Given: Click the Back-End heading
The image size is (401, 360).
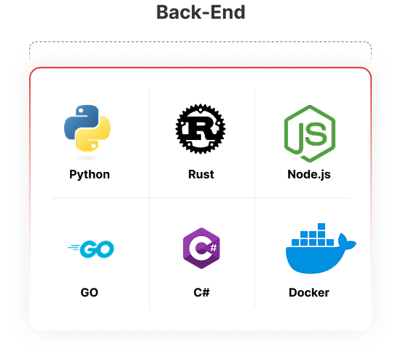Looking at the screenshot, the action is [x=200, y=12].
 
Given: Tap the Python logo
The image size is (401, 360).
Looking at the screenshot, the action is [x=87, y=128].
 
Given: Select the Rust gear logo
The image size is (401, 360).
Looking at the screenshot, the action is [x=200, y=128].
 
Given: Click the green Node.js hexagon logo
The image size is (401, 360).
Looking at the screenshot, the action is [x=310, y=133].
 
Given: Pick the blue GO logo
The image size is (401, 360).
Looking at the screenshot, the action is [x=91, y=249].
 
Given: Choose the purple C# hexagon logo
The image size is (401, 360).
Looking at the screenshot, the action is [x=201, y=248].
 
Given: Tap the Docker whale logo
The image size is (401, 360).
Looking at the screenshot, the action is [x=321, y=249].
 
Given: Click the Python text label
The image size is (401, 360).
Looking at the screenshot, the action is [x=90, y=175].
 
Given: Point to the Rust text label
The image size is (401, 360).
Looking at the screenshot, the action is [x=201, y=174].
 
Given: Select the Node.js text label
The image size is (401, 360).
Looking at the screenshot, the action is [x=309, y=175].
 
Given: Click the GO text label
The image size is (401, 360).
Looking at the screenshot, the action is [x=89, y=292].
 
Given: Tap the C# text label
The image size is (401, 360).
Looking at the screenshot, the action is [x=201, y=292].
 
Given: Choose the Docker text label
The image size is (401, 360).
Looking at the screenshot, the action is [x=309, y=292].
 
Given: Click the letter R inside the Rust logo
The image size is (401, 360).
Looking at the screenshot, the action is [x=201, y=127].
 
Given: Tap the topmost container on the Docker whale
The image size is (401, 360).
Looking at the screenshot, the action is [x=322, y=227].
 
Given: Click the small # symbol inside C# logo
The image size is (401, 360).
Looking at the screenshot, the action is [x=214, y=248].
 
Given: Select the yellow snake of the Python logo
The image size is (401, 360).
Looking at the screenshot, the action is [x=93, y=134].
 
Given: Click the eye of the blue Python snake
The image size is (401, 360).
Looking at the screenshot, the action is [x=80, y=111].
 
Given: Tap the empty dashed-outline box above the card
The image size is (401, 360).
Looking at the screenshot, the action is [x=200, y=51].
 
